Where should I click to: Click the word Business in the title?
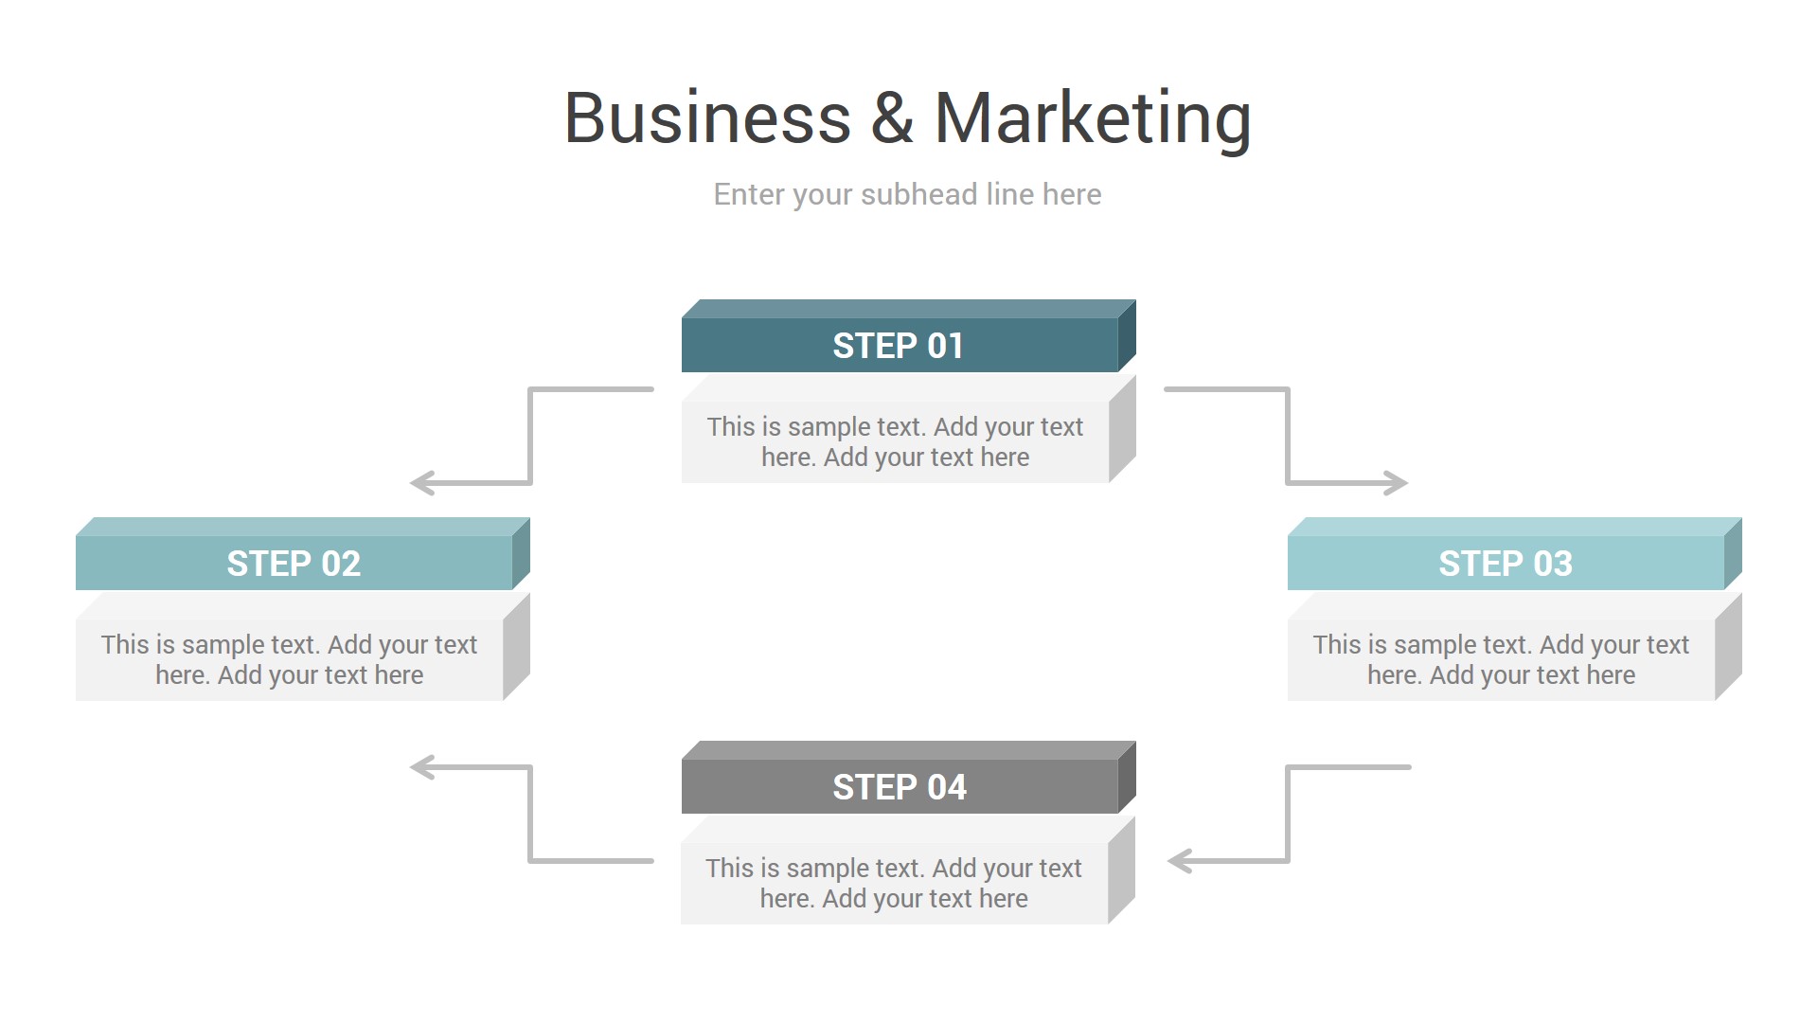[x=707, y=118]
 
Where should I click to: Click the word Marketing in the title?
[x=1093, y=118]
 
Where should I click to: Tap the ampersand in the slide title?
[x=892, y=118]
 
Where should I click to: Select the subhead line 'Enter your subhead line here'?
[x=907, y=194]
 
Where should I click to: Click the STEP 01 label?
[x=898, y=346]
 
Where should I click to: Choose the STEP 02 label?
[x=294, y=564]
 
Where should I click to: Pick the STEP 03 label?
[x=1505, y=564]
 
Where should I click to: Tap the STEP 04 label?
[x=899, y=787]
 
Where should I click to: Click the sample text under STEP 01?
[x=895, y=441]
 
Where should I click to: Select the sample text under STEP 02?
[x=289, y=659]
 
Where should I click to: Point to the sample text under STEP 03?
[x=1501, y=659]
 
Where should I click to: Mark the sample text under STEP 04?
[x=894, y=883]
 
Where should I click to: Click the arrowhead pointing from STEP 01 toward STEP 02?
[x=421, y=483]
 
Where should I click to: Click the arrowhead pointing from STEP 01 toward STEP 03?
[x=1397, y=483]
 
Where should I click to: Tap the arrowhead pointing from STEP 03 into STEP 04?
[x=1180, y=861]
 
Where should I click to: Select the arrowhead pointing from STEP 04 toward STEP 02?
[x=421, y=767]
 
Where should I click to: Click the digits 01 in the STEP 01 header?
[x=945, y=346]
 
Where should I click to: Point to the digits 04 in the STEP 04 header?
[x=947, y=787]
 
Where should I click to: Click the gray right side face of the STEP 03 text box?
[x=1728, y=647]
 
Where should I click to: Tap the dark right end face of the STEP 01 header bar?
[x=1127, y=336]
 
